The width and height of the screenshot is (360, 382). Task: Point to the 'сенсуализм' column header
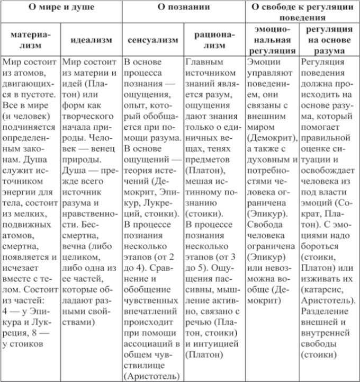pyautogui.click(x=152, y=40)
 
